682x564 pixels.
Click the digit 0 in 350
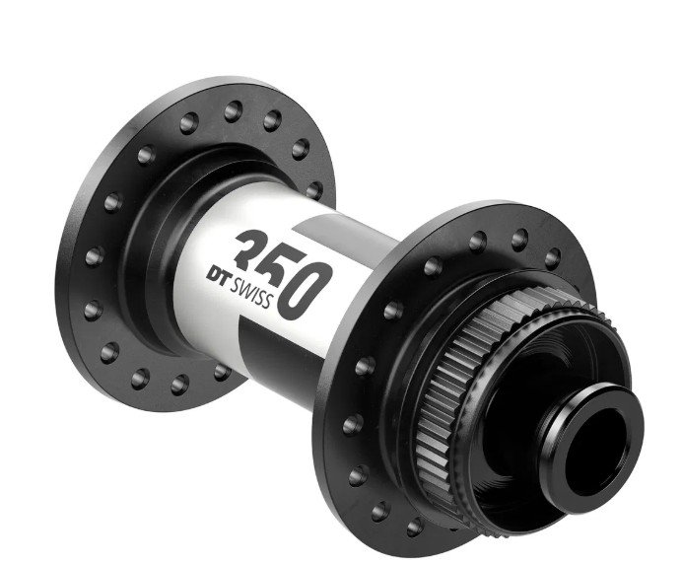click(305, 290)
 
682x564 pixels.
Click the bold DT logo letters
click(218, 276)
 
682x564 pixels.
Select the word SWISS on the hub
click(251, 293)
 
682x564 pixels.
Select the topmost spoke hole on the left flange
click(234, 111)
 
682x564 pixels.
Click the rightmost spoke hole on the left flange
click(314, 190)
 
